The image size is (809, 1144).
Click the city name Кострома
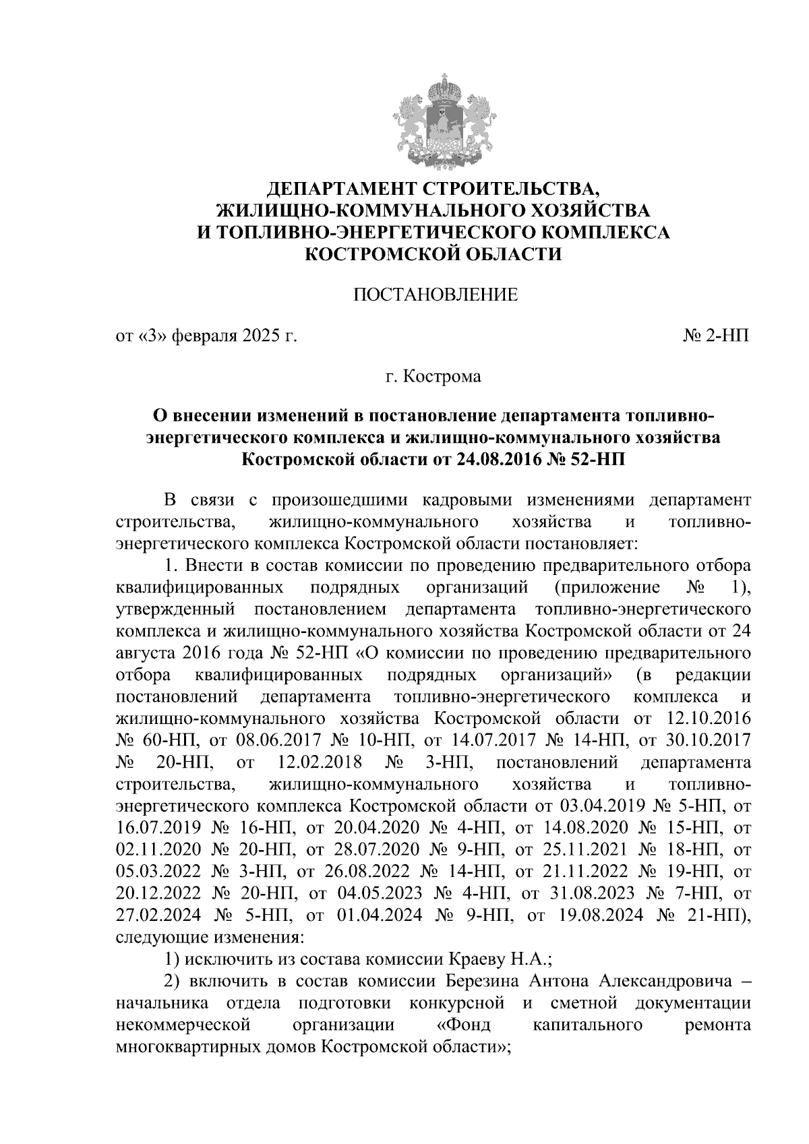(x=442, y=376)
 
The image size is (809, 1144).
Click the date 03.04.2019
(x=599, y=806)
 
